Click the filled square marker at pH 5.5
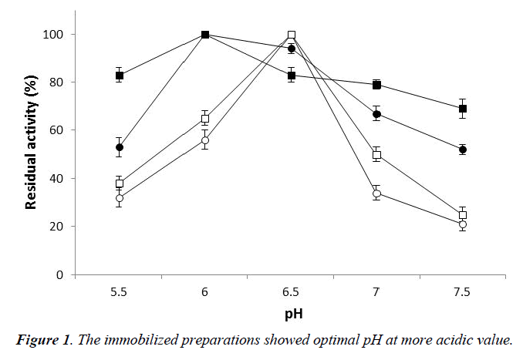120,76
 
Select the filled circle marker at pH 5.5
120,147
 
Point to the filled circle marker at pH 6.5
291,49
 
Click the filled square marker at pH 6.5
291,76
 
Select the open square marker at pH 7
376,155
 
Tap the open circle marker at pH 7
376,193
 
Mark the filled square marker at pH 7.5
462,109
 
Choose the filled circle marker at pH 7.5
462,150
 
